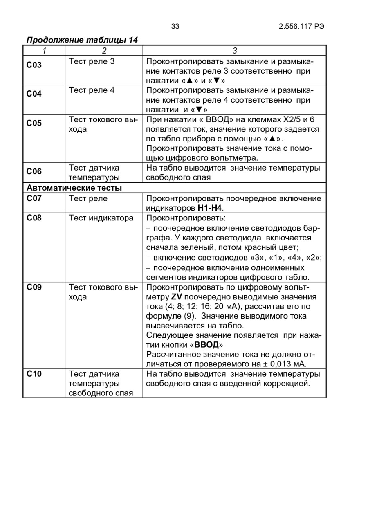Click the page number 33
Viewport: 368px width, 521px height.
click(175, 27)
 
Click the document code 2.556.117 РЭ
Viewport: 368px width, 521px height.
click(302, 27)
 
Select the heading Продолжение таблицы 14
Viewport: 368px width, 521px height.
click(82, 40)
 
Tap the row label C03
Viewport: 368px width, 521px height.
click(34, 65)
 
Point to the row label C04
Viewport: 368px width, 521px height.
click(34, 94)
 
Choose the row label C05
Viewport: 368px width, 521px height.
click(34, 123)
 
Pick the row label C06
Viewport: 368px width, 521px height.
click(34, 171)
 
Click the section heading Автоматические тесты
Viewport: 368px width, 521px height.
click(74, 188)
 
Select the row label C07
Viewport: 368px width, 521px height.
click(34, 198)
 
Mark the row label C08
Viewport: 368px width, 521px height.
click(34, 218)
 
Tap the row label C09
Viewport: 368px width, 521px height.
click(34, 287)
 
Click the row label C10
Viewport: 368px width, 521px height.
click(34, 374)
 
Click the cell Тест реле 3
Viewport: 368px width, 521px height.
click(92, 62)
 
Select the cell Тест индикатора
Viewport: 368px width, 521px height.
click(101, 218)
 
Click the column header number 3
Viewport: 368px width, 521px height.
click(235, 51)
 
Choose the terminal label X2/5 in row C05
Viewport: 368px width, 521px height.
click(292, 119)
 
